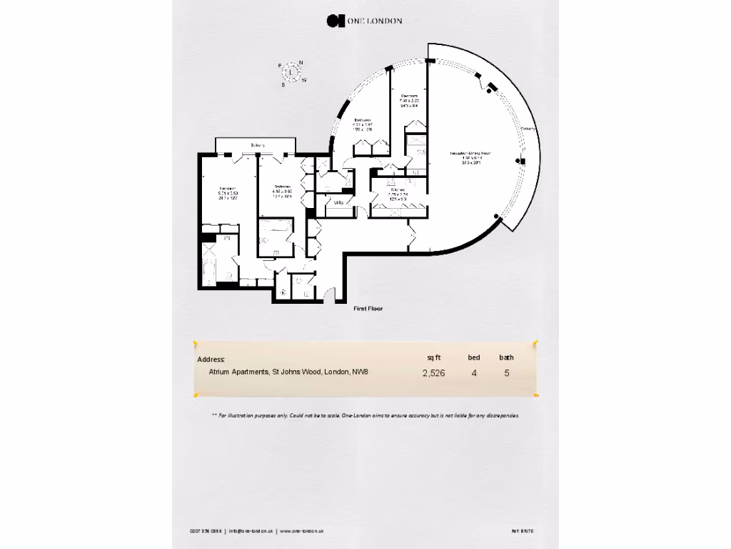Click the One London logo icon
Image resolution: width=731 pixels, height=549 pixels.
pyautogui.click(x=332, y=21)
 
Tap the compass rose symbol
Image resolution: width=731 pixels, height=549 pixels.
pyautogui.click(x=292, y=72)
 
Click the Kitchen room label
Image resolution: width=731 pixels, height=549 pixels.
pyautogui.click(x=398, y=189)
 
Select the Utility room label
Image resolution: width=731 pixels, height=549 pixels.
pyautogui.click(x=339, y=202)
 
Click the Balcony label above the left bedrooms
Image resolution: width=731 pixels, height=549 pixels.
pyautogui.click(x=257, y=146)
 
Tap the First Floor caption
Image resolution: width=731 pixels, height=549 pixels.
pyautogui.click(x=368, y=309)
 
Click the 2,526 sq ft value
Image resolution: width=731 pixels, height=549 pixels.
pyautogui.click(x=434, y=372)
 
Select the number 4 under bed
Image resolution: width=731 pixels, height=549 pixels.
pyautogui.click(x=474, y=372)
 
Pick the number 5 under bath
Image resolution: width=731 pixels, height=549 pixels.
pyautogui.click(x=507, y=372)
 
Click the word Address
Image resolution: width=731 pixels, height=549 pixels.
pyautogui.click(x=211, y=360)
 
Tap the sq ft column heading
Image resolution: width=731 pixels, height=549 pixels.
pyautogui.click(x=434, y=357)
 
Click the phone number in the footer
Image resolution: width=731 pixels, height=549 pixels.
pyautogui.click(x=206, y=531)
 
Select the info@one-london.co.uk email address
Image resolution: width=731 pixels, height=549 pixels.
pyautogui.click(x=251, y=531)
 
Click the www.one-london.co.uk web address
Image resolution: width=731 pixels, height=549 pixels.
pyautogui.click(x=302, y=531)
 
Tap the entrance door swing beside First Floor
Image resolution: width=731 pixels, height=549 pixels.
pyautogui.click(x=329, y=295)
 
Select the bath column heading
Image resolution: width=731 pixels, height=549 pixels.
pyautogui.click(x=506, y=357)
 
